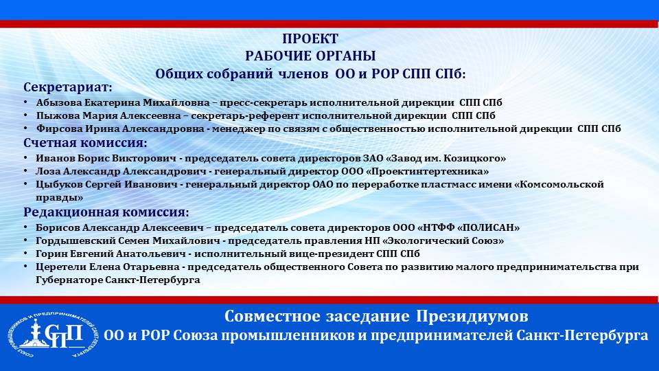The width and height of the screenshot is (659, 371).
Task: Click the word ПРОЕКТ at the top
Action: pos(310,38)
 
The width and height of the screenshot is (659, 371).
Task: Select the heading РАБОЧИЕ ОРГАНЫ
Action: pos(310,56)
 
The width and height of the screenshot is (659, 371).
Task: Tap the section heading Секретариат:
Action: pos(68,87)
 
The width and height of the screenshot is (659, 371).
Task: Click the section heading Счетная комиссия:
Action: pos(85,143)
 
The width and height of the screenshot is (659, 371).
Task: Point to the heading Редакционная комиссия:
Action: pos(106,212)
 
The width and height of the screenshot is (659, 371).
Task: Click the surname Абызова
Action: pos(59,102)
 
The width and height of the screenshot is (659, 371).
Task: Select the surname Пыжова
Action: pos(56,115)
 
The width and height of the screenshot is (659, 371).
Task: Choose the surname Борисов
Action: pos(58,228)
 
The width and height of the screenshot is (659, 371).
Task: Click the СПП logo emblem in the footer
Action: pos(52,336)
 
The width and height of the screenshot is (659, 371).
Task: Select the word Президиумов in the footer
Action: pos(472,316)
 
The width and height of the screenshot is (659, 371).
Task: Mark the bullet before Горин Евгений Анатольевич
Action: pos(26,254)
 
